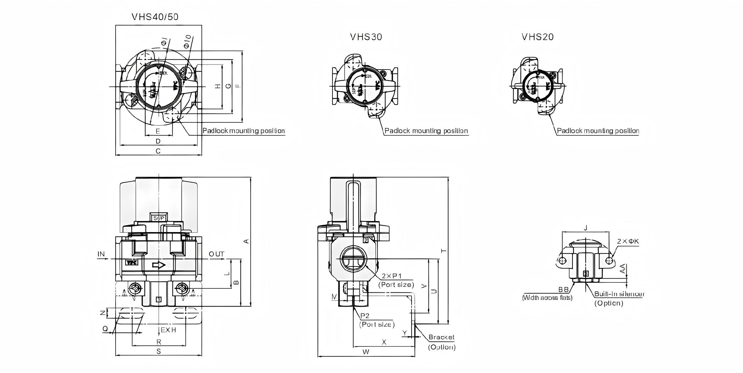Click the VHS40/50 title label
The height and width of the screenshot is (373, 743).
[x=155, y=17]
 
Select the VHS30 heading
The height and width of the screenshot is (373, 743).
[x=366, y=37]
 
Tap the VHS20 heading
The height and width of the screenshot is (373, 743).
[x=537, y=37]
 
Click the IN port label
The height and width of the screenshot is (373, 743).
[x=101, y=254]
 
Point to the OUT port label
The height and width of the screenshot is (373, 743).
[x=216, y=254]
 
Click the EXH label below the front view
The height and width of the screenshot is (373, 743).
[x=168, y=330]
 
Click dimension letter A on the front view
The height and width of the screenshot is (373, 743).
[x=247, y=241]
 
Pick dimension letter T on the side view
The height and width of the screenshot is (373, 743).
[x=443, y=251]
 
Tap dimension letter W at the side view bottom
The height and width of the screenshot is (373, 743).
[x=366, y=352]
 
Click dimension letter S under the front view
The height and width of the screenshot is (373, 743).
[x=159, y=351]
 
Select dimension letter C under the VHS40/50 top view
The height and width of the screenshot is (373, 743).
[x=158, y=151]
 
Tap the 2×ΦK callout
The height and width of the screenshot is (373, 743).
[x=628, y=241]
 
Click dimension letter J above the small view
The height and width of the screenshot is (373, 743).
[x=586, y=228]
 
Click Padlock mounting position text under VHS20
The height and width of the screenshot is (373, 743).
[x=598, y=131]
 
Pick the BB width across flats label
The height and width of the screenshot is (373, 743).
[x=563, y=290]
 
